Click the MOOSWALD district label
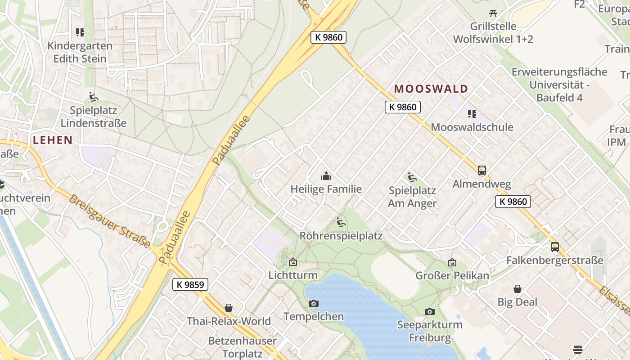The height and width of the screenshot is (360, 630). [x=431, y=89]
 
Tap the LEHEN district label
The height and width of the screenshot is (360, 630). [x=53, y=140]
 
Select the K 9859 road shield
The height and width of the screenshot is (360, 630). [x=190, y=284]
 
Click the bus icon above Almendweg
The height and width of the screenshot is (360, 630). [x=482, y=171]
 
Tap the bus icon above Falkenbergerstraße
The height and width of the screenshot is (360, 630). [x=555, y=247]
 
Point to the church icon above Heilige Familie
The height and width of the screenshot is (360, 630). [x=326, y=176]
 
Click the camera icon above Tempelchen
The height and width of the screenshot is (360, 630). [x=314, y=304]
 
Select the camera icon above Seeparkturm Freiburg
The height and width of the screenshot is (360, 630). [x=430, y=311]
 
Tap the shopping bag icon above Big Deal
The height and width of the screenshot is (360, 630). [x=517, y=289]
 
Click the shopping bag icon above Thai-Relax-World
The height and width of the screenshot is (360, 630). [x=229, y=308]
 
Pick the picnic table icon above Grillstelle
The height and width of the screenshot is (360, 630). [x=493, y=13]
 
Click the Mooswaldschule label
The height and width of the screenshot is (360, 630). [x=472, y=127]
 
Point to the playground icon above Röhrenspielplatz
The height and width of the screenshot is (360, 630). [x=341, y=222]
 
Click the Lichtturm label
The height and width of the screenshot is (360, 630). [x=293, y=275]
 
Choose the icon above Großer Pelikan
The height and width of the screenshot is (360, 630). [x=452, y=262]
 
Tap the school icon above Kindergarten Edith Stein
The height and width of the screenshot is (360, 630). [x=80, y=32]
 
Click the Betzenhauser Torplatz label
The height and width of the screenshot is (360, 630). [x=243, y=347]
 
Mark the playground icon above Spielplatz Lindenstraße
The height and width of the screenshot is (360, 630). [x=93, y=97]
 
